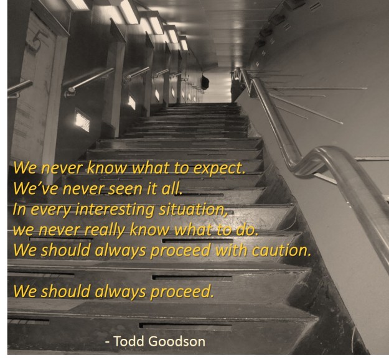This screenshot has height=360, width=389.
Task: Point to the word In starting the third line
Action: tap(19, 210)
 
